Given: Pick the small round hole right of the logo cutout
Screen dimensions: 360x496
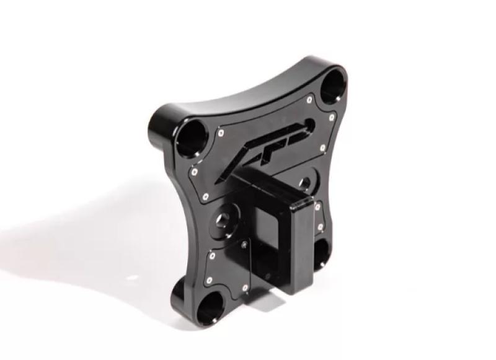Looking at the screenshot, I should click(x=304, y=183).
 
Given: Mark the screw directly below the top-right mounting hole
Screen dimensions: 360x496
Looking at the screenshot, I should click(x=333, y=115).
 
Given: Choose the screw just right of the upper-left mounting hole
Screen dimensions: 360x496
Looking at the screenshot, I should click(x=221, y=131).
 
